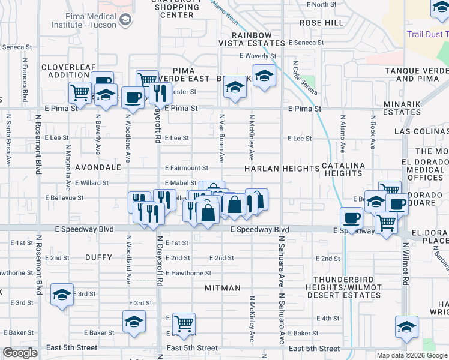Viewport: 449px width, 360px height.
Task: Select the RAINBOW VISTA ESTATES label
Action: [x=253, y=39]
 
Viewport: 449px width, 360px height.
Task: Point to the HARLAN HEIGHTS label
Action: [x=282, y=169]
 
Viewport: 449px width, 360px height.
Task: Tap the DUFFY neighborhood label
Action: [x=99, y=257]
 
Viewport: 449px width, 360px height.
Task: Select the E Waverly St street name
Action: [x=256, y=56]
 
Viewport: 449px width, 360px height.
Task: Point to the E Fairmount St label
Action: [x=186, y=169]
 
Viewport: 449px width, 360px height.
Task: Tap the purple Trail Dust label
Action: [x=427, y=34]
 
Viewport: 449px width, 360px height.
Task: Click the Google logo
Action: [x=20, y=353]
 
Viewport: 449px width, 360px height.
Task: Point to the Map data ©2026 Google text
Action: [x=411, y=355]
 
